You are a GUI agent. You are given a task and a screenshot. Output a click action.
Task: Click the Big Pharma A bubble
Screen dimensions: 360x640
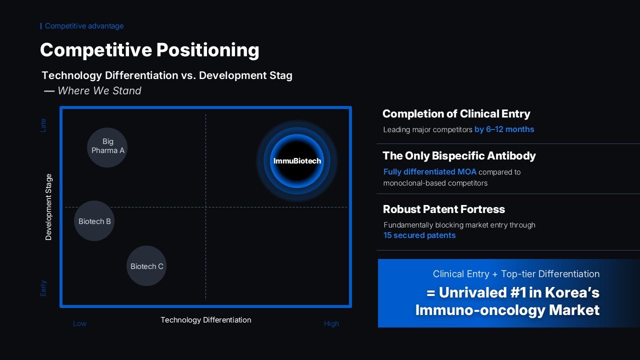pos(107,146)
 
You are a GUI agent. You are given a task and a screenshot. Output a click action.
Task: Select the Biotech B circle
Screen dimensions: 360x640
pos(94,221)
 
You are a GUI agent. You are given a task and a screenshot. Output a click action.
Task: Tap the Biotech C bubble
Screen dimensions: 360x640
pos(146,266)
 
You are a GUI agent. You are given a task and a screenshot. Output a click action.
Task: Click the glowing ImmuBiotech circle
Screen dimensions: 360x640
pos(297,161)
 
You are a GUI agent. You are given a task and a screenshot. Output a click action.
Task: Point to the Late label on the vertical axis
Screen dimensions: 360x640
pos(43,125)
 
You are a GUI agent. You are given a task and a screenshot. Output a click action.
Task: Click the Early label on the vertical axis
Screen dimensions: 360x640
pos(43,287)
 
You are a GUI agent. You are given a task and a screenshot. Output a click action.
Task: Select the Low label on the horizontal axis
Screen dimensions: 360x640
pos(79,323)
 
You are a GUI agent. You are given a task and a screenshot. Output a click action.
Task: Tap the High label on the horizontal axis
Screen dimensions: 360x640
pos(331,323)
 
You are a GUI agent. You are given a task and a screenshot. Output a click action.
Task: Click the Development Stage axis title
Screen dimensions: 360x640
pos(48,206)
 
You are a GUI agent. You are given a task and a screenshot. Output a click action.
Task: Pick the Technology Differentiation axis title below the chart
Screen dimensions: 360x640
pos(205,319)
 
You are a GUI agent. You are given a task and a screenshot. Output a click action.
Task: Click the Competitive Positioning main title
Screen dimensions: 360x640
pos(149,50)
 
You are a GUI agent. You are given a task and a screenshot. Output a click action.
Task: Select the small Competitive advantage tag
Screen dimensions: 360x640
pos(84,26)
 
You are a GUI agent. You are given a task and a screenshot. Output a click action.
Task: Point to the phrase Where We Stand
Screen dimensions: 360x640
pos(99,90)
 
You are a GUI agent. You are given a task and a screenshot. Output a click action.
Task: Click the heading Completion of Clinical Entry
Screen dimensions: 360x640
pos(456,113)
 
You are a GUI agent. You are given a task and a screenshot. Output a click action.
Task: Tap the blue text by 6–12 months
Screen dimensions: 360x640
pos(504,129)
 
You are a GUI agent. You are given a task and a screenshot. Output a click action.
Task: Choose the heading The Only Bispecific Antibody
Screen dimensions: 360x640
pos(459,155)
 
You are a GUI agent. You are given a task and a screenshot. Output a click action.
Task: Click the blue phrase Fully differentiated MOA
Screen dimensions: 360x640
pos(429,172)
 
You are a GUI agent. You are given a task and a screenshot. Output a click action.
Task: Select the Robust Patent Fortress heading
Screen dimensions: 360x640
pos(443,209)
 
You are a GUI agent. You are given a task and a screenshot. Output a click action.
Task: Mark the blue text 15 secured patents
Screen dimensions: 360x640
pos(419,235)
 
